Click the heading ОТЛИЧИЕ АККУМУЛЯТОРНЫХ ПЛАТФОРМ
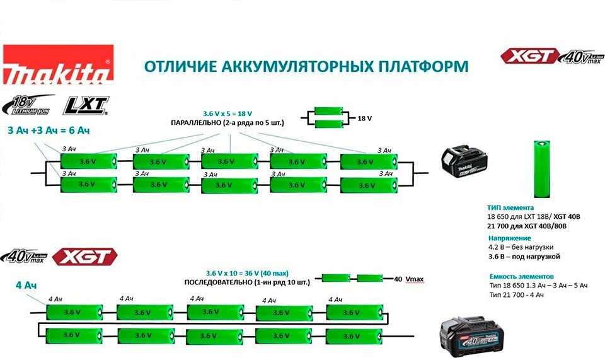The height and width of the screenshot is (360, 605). (306, 66)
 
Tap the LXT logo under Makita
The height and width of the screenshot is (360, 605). (86, 105)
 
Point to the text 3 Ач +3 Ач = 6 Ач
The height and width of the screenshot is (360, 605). (49, 131)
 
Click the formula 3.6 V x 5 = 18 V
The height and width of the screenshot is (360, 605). (228, 113)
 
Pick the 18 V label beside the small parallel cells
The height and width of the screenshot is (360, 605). (365, 118)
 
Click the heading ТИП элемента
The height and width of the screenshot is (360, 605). (510, 207)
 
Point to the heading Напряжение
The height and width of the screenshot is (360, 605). (510, 238)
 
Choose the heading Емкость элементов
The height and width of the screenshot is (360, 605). (522, 276)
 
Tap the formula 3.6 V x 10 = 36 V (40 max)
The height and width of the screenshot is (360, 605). (248, 273)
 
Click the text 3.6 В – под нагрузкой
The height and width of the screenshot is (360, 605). (524, 257)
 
